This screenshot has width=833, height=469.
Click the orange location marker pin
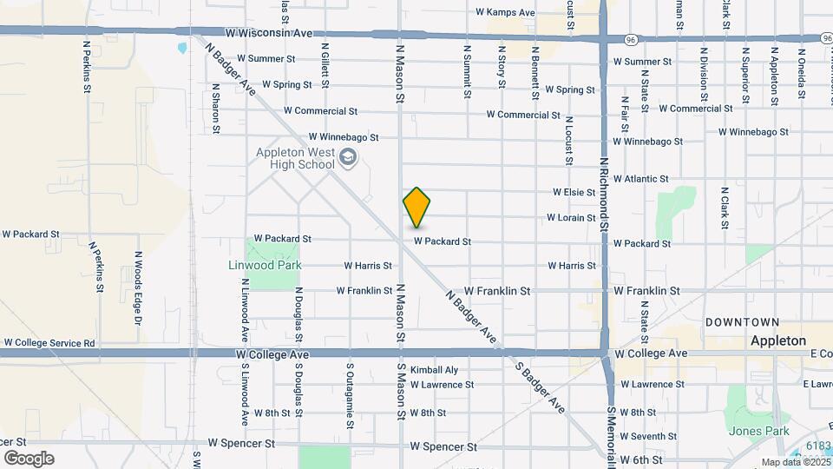pos(416,207)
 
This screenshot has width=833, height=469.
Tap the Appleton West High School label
pos(295,158)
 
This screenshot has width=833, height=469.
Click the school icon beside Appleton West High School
pos(348,157)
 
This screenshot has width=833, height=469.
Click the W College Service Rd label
pos(49,344)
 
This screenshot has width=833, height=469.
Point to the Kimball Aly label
pos(434,370)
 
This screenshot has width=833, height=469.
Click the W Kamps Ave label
pos(505,12)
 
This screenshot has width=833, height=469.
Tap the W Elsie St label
pos(574,192)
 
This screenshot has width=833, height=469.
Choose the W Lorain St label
pos(571,218)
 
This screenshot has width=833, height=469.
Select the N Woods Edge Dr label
pos(137,287)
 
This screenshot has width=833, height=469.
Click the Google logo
pos(29,458)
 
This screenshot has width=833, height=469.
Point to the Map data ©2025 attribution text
pos(794,462)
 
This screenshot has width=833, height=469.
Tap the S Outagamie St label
pos(351,396)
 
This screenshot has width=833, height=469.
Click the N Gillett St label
pos(325,66)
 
